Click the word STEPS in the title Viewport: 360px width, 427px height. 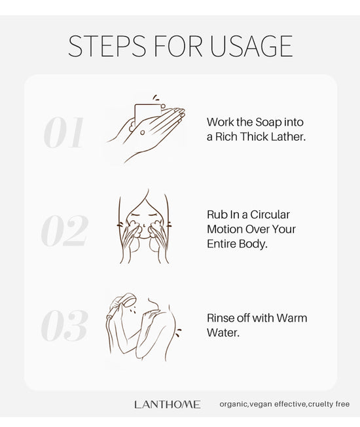point(107,46)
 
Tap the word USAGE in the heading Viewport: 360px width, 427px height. point(251,46)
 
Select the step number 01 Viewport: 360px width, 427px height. point(63,133)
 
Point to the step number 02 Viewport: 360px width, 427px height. point(65,231)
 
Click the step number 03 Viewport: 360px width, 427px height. point(65,325)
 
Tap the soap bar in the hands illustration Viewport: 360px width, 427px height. point(148,114)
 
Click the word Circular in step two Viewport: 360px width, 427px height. point(270,215)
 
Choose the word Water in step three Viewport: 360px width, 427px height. point(223,333)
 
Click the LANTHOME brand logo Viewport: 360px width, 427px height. point(168,404)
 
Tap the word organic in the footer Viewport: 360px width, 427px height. point(234,404)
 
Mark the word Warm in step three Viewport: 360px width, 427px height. point(292,318)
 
